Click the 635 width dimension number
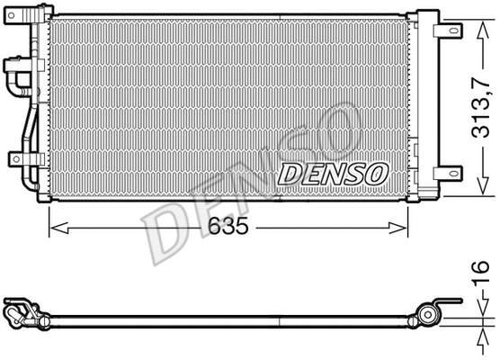point(228,226)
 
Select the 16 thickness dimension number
point(480,272)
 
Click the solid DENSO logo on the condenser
point(333,175)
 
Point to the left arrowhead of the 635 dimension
point(59,228)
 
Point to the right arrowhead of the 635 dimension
point(398,228)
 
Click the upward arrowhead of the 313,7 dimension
point(484,30)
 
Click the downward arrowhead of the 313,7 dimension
point(484,186)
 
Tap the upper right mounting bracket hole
point(453,31)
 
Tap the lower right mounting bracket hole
point(453,174)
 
